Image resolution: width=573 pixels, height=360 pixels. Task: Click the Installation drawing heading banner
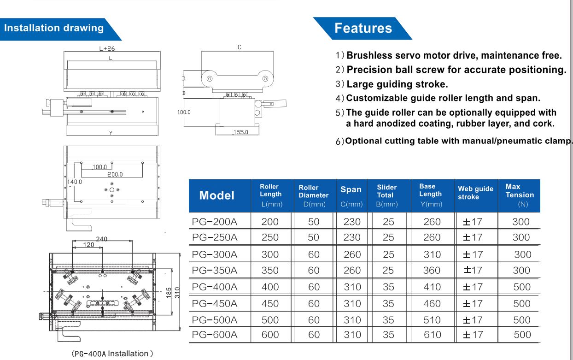click(54, 28)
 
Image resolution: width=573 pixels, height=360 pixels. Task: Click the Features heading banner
click(363, 28)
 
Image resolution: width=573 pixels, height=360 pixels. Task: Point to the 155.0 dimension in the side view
click(240, 132)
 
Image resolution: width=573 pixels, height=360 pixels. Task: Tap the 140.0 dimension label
click(75, 182)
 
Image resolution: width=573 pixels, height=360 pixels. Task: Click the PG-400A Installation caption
click(109, 354)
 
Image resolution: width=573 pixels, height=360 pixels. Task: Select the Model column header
click(216, 195)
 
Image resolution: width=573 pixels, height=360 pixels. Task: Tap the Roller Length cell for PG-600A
click(269, 335)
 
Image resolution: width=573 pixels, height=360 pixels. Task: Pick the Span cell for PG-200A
click(352, 222)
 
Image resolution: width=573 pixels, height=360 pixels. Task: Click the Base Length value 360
click(432, 271)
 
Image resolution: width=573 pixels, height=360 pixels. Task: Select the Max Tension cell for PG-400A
click(521, 287)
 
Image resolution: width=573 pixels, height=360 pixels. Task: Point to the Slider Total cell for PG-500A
click(388, 319)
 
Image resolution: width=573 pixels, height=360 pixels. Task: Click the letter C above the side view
click(239, 47)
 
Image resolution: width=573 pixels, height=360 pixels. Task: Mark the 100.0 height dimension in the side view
click(184, 112)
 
